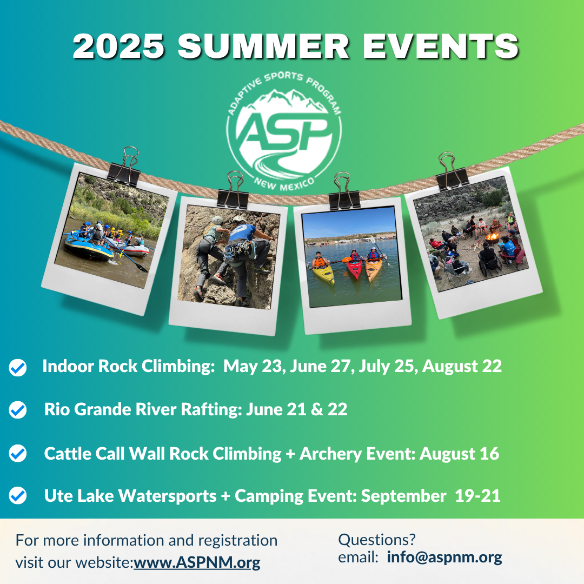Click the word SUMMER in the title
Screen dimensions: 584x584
[x=263, y=46]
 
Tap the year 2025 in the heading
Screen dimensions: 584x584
[x=118, y=46]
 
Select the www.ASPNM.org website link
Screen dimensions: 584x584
[x=197, y=562]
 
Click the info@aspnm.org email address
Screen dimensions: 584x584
[x=444, y=557]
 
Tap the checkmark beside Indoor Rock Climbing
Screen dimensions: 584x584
[x=17, y=367]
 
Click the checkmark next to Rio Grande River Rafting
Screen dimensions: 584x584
[x=17, y=410]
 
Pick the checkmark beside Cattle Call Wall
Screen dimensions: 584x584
[x=17, y=453]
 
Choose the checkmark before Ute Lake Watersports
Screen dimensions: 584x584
[x=17, y=496]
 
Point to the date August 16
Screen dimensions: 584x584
[x=459, y=454]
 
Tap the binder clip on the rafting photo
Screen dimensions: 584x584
[x=124, y=167]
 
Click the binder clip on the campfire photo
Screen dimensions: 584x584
[x=452, y=171]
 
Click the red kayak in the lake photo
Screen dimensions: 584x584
[x=354, y=269]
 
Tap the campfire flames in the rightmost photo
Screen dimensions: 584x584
[x=492, y=236]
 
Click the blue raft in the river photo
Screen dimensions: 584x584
[x=89, y=247]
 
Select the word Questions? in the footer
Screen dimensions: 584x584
[x=376, y=540]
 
